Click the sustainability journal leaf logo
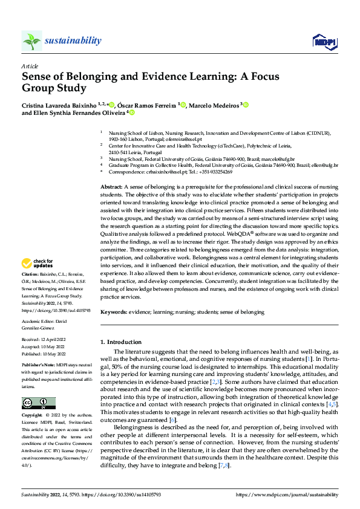coord(32,41)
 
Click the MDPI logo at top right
coord(324,41)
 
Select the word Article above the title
coord(30,66)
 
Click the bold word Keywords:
coord(114,312)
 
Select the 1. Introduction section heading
coord(120,342)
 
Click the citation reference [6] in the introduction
coord(172,420)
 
